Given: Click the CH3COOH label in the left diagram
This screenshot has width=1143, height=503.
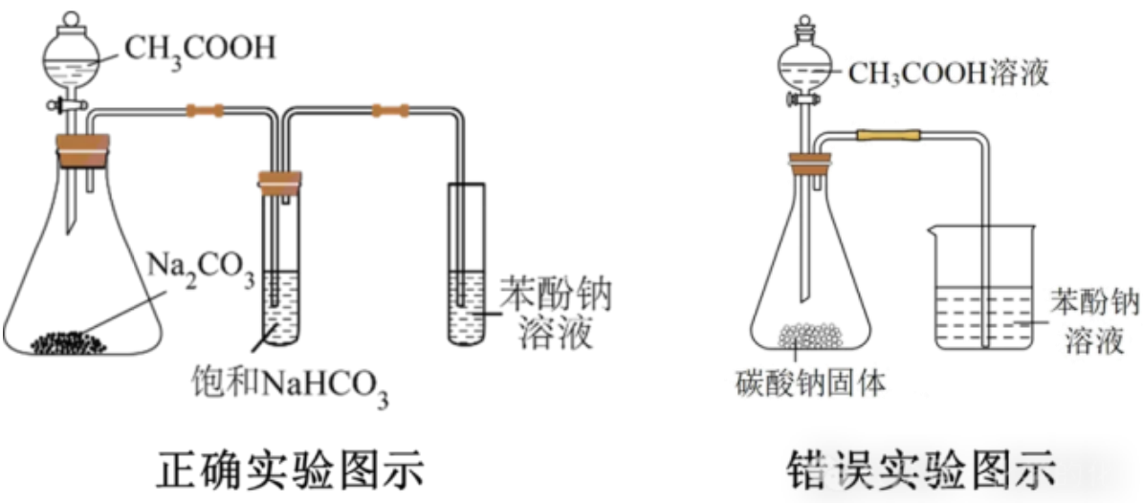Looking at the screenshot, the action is point(200,51).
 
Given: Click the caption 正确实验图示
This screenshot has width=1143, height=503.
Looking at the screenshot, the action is point(290,471).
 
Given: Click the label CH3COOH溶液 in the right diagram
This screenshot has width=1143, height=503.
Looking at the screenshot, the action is point(949,74).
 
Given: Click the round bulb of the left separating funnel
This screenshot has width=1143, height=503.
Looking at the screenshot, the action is point(72,57).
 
